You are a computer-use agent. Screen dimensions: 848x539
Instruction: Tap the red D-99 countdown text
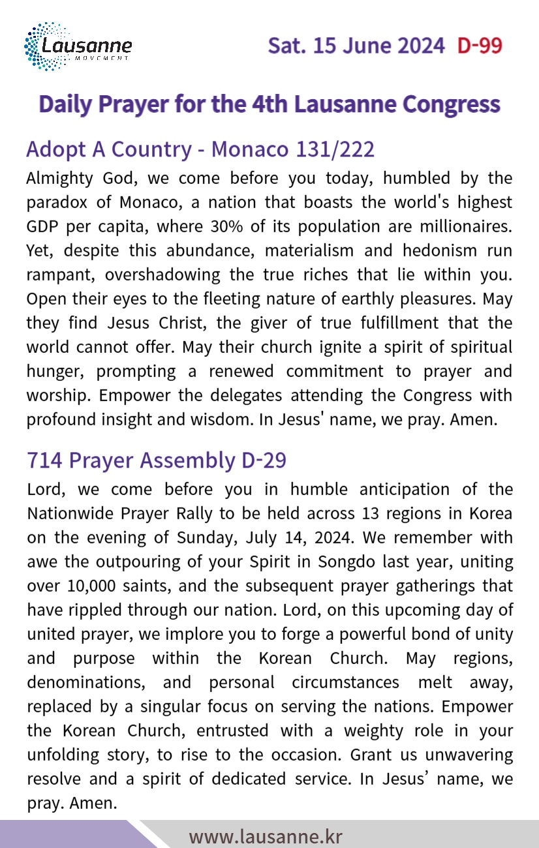point(480,46)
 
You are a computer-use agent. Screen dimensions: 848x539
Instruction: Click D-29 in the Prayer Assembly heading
point(264,461)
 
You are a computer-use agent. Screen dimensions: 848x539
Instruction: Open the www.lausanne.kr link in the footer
point(266,836)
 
